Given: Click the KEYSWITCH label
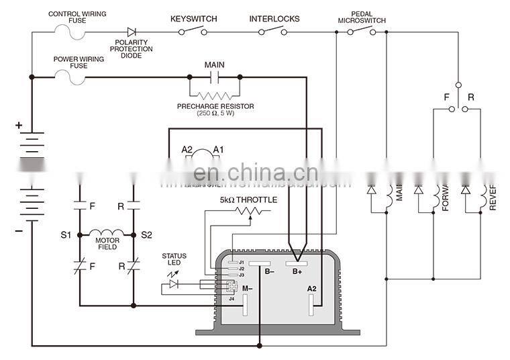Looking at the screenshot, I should click(193, 19).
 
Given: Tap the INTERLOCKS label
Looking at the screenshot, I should click(274, 19).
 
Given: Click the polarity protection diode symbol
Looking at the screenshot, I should click(132, 31).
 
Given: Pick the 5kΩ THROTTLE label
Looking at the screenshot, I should click(248, 199).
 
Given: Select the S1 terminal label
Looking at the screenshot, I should click(65, 235).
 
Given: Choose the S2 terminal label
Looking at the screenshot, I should click(146, 235).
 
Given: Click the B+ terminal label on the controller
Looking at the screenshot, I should click(297, 271).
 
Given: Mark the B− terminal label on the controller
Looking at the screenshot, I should click(269, 271).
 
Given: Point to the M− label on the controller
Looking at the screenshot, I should click(247, 288).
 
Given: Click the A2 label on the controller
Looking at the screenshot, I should click(312, 288).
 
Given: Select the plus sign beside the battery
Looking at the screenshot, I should click(19, 125).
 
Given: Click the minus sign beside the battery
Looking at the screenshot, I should click(19, 230).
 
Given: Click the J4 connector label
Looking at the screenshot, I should click(232, 299).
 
